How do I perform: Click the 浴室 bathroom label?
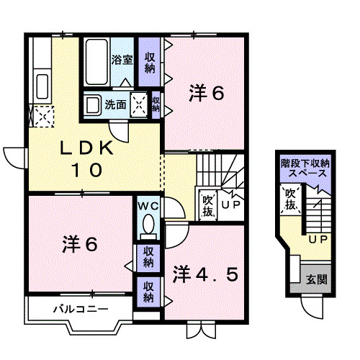[120, 61]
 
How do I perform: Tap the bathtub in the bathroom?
[96, 61]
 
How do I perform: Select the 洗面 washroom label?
[115, 104]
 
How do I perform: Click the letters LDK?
[86, 148]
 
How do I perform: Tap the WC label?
[149, 206]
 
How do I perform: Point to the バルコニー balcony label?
[79, 310]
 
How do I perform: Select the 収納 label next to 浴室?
[150, 62]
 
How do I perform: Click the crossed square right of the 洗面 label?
[140, 104]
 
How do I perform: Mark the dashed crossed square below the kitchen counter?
[41, 116]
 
